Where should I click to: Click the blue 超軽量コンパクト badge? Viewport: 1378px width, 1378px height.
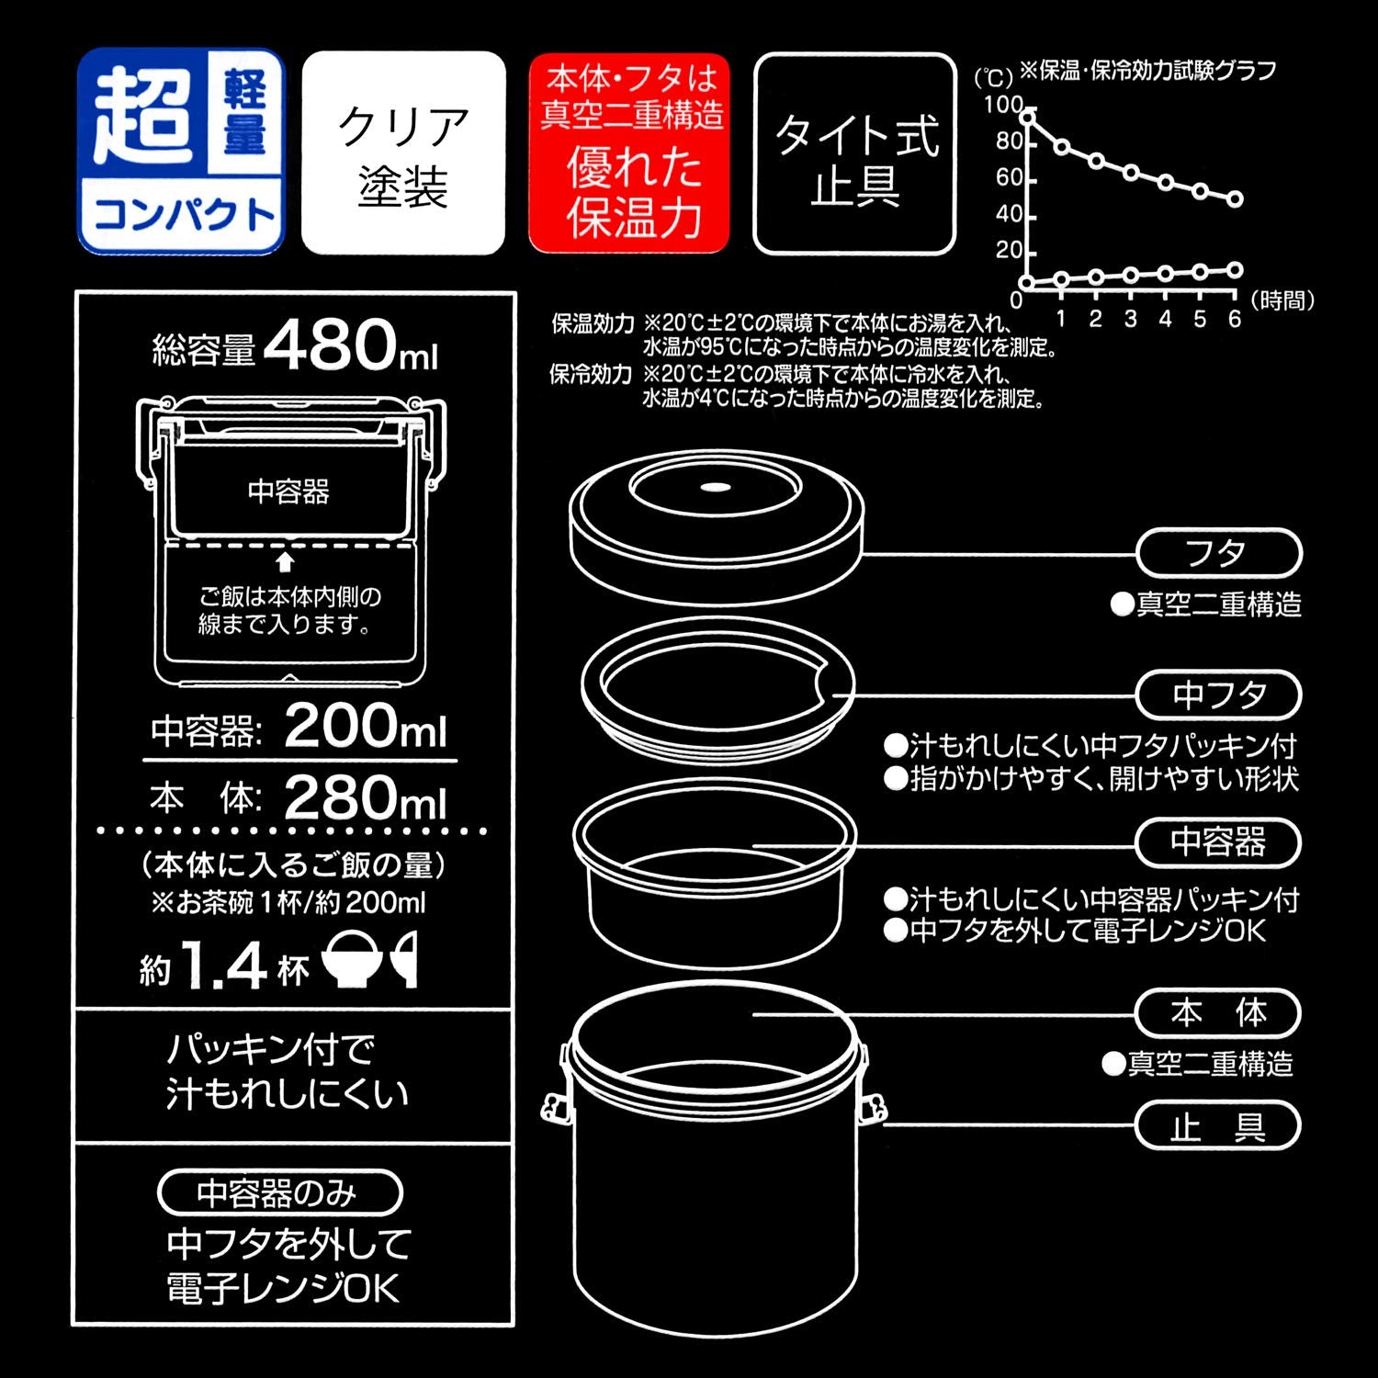(x=181, y=152)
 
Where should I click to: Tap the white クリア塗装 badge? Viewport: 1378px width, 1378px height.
(x=403, y=153)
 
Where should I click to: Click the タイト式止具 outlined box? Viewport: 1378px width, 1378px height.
(x=854, y=153)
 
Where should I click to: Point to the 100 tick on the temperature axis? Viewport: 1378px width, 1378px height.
(x=1003, y=105)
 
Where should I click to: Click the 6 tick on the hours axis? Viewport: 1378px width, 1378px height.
(x=1235, y=318)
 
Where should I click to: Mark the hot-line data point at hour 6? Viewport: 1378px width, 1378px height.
(x=1236, y=198)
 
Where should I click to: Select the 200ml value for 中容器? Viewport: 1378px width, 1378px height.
(x=365, y=727)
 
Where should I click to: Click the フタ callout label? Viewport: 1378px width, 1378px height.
(x=1218, y=554)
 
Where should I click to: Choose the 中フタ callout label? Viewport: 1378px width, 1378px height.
(x=1218, y=695)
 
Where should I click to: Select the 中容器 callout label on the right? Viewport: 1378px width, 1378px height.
(x=1218, y=842)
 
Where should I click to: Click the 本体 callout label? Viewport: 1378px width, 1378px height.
(x=1218, y=1013)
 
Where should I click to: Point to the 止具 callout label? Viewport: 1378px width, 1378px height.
(x=1218, y=1126)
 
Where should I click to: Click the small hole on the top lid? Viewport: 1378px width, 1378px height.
(x=715, y=488)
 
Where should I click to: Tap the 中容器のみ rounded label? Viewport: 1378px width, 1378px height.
(x=279, y=1192)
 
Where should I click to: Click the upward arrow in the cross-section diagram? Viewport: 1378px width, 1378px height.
(x=286, y=561)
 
